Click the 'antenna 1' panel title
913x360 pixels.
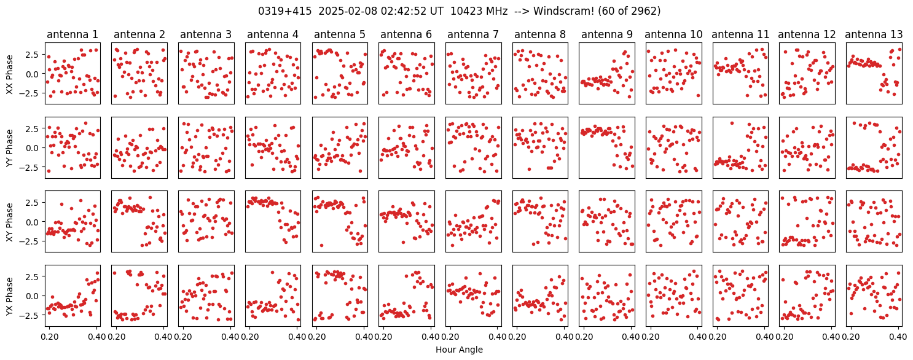pyautogui.click(x=72, y=34)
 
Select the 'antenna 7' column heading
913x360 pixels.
pyautogui.click(x=473, y=34)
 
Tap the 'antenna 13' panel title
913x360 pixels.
pyautogui.click(x=874, y=34)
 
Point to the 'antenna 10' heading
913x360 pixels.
pyautogui.click(x=673, y=34)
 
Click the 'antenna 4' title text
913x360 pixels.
pyautogui.click(x=273, y=34)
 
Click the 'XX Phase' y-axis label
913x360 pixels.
pyautogui.click(x=10, y=74)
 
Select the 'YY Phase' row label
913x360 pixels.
pyautogui.click(x=10, y=148)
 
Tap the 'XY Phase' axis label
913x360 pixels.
pyautogui.click(x=10, y=222)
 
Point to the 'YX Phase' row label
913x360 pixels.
pyautogui.click(x=10, y=296)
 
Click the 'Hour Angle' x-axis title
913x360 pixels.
pyautogui.click(x=459, y=350)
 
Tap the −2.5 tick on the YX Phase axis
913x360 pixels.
pyautogui.click(x=32, y=315)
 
